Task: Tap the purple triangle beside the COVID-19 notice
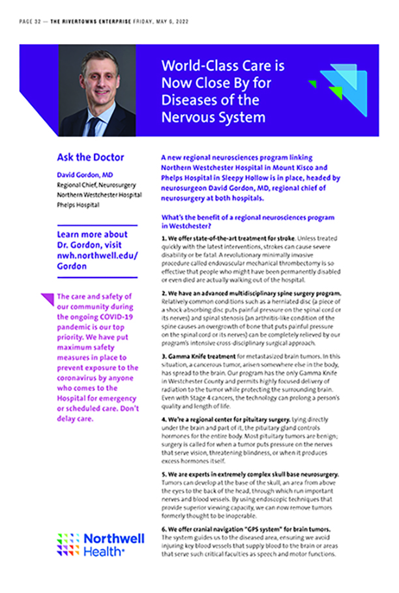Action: coord(47,300)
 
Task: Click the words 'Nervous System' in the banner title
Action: coord(213,117)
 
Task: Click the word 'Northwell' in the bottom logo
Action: coord(109,539)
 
